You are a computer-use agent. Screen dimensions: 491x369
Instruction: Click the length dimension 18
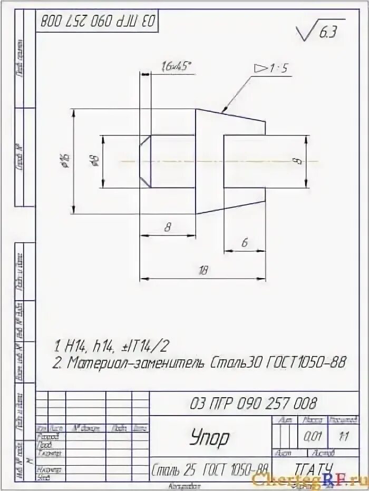(x=203, y=271)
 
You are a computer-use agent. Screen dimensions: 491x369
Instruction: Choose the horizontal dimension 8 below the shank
(x=168, y=227)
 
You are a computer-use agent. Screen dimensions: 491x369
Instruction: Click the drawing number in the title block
(x=253, y=404)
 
